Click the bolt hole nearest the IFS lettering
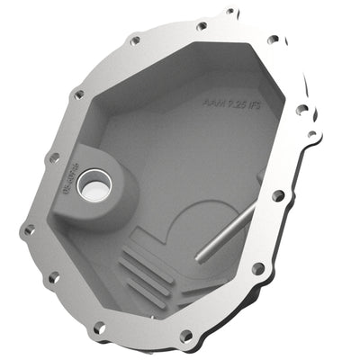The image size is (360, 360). click(x=301, y=110)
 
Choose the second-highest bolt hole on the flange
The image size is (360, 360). click(x=200, y=26)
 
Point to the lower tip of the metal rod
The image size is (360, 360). click(x=201, y=259)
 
